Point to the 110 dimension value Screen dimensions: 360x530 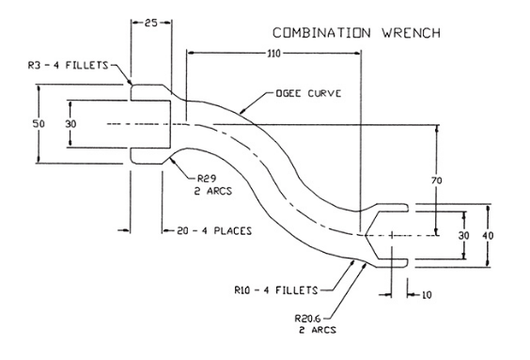click(x=273, y=55)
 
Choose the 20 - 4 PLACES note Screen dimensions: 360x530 click(x=206, y=228)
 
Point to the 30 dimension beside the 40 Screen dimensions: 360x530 click(x=463, y=234)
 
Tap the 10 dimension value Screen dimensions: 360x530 click(x=428, y=295)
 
